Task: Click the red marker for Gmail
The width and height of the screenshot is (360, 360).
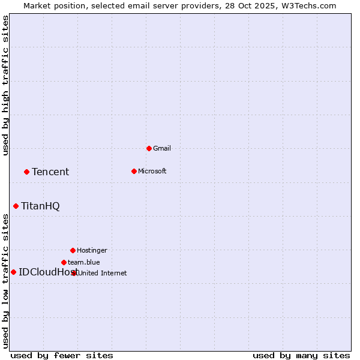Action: tap(149, 148)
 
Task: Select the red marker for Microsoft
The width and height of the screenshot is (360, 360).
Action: tap(134, 171)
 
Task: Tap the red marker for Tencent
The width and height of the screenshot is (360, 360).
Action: tap(26, 172)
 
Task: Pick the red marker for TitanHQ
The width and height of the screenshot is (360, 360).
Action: tap(16, 206)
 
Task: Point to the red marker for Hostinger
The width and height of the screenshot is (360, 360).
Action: tap(73, 250)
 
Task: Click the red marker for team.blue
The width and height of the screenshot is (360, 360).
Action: tap(64, 262)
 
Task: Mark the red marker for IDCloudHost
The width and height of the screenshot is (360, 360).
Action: tap(13, 272)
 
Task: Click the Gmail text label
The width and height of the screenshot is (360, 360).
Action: tap(162, 148)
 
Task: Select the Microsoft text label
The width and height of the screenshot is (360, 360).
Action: tap(152, 171)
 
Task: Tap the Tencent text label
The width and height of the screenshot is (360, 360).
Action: tap(50, 172)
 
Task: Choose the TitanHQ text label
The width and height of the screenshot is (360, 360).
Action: tap(40, 206)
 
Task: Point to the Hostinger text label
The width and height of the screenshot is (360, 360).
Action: tap(92, 250)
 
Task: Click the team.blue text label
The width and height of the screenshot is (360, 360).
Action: tap(83, 262)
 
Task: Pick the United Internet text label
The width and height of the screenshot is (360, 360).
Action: tap(102, 273)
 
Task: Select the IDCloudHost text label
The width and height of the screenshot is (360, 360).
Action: tap(45, 272)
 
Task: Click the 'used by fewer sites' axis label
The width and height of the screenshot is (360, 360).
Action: tap(62, 355)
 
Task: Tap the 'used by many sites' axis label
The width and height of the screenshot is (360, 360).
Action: tap(301, 355)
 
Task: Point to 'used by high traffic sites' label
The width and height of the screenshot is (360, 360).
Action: tap(5, 85)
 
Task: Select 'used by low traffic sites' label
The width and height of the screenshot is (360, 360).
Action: tap(5, 281)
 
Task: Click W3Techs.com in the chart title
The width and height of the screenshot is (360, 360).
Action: tap(307, 5)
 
